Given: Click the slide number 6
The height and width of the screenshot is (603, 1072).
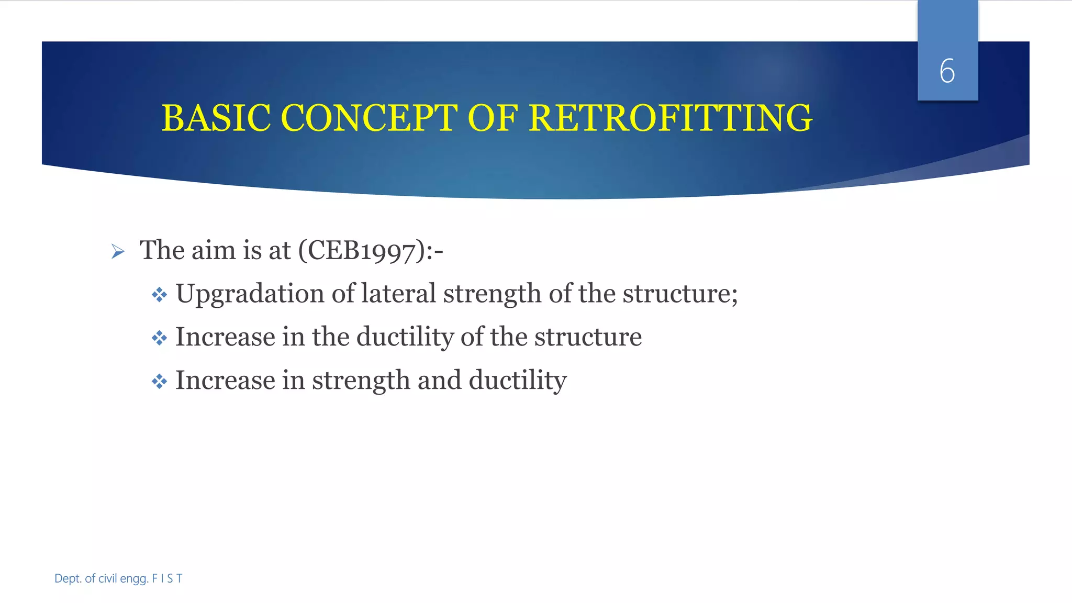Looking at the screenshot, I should (947, 71).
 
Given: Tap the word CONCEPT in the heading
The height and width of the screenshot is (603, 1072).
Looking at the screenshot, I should (370, 118).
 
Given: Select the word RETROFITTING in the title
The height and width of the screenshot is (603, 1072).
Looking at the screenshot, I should (671, 118).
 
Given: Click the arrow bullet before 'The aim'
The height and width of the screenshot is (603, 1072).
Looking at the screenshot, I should (118, 252).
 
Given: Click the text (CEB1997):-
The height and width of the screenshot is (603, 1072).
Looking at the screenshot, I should (371, 250).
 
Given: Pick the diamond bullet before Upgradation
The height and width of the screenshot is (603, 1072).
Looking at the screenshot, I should (159, 295).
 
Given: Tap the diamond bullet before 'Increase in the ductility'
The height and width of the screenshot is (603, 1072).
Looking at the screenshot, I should (159, 338).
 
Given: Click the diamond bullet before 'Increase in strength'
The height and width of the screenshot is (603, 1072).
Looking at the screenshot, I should (159, 382).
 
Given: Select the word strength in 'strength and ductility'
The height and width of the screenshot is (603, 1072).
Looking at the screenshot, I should (361, 381).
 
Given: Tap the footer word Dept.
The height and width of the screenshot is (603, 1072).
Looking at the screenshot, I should (68, 578).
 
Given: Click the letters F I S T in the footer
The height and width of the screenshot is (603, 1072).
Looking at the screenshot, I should (167, 578).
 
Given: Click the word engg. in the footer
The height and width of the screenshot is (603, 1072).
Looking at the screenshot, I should (134, 578).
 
